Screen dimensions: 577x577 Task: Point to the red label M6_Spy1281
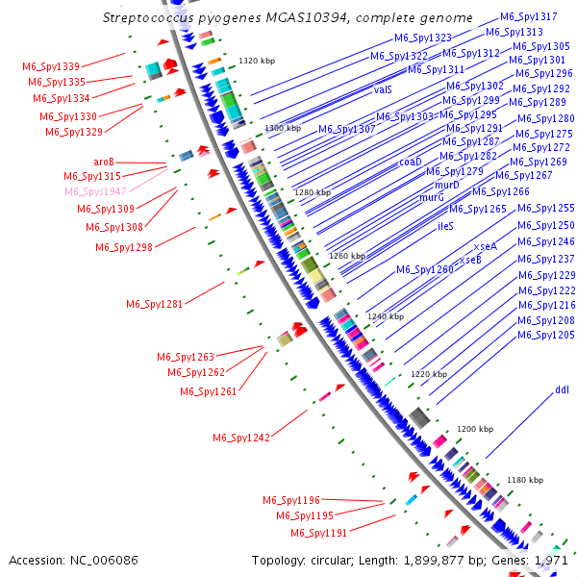point(154,304)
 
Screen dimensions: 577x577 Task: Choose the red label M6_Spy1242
point(241,438)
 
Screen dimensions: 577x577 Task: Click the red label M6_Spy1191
point(319,532)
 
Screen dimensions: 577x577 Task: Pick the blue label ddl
point(562,390)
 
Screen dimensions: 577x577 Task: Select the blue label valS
point(383,88)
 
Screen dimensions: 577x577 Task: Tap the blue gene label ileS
point(445,226)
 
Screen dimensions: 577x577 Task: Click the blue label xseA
point(486,246)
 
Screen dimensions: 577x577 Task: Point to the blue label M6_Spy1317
point(528,17)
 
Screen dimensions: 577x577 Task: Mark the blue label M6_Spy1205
point(546,335)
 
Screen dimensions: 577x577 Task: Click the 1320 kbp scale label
point(257,61)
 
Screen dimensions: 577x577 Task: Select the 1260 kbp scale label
point(347,256)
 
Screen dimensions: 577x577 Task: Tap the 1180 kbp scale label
point(525,479)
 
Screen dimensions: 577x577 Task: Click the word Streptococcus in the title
point(152,17)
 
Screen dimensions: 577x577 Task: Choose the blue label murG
point(432,197)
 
